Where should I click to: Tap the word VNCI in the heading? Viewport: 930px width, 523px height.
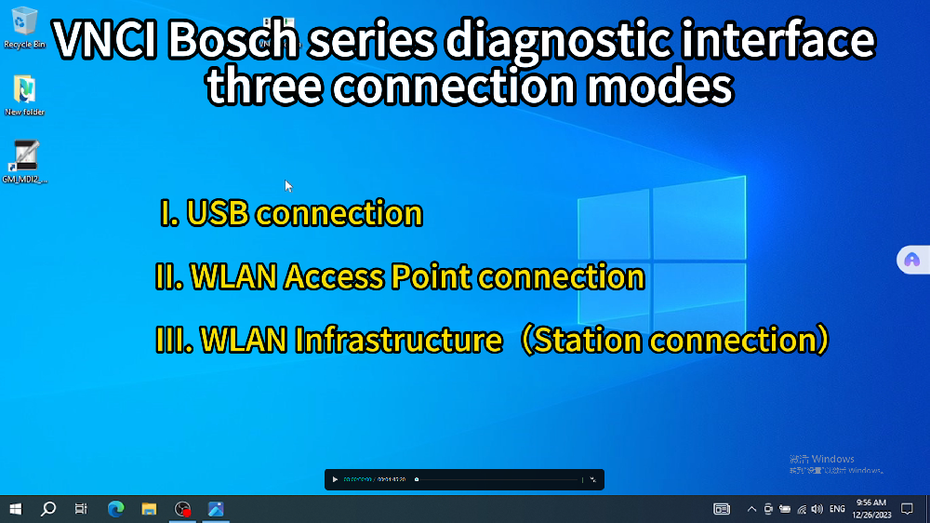[x=104, y=41]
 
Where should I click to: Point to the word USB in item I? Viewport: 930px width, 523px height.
[x=219, y=214]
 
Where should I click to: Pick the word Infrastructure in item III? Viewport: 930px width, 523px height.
[x=398, y=341]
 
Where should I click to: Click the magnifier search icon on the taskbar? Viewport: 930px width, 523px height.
[x=48, y=509]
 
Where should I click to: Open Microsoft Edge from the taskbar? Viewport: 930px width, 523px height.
[x=115, y=509]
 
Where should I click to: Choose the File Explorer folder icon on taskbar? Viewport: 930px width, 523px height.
[x=149, y=509]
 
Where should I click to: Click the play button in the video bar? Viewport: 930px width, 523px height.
[x=335, y=480]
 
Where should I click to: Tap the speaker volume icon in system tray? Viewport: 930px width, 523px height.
[x=817, y=509]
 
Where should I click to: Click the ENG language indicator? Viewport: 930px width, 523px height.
[x=837, y=509]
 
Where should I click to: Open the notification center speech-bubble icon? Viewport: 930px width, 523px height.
[x=907, y=509]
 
